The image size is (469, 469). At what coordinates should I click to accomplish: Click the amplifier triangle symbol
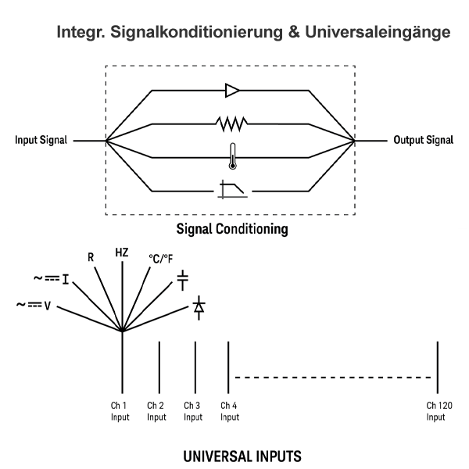232,91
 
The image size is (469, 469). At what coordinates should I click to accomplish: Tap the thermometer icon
232,156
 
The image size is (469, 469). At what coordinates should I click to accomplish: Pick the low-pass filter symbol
232,189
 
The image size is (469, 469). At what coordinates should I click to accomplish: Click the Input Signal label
41,141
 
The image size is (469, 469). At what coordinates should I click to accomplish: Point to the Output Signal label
423,141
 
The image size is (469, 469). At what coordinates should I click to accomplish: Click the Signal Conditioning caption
232,230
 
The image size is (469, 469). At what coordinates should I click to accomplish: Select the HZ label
122,252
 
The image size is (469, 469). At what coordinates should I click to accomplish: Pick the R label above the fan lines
91,257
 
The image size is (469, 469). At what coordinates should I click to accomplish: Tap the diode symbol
199,306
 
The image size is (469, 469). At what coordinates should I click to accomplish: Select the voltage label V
48,305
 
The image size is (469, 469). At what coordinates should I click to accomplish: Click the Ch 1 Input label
120,411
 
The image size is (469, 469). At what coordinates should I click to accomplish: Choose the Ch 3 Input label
192,411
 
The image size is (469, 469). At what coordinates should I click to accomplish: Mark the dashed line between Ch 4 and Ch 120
332,378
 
